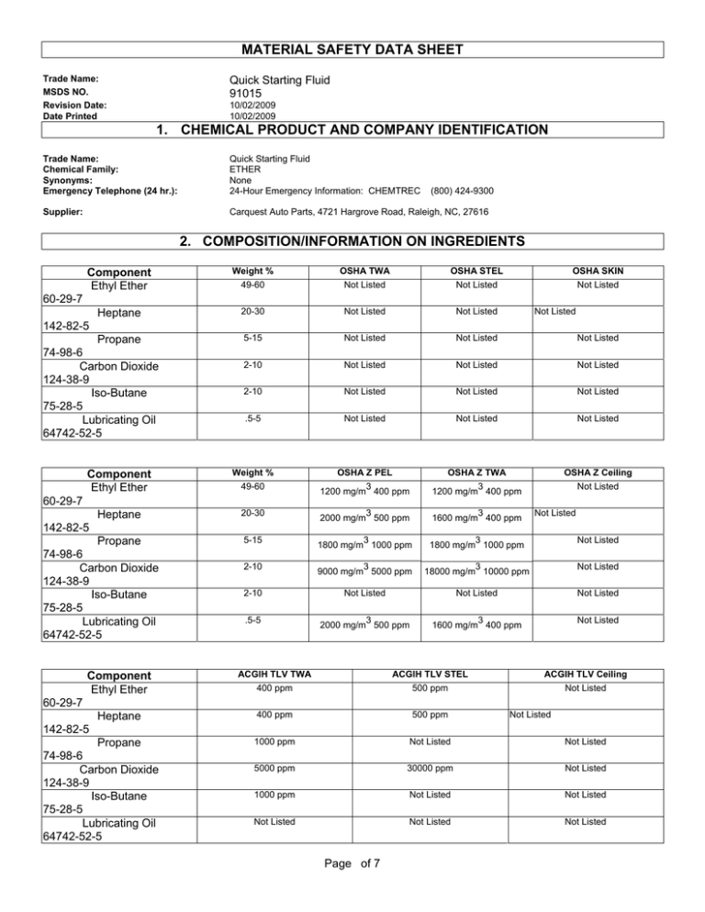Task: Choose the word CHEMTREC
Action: [389, 190]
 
